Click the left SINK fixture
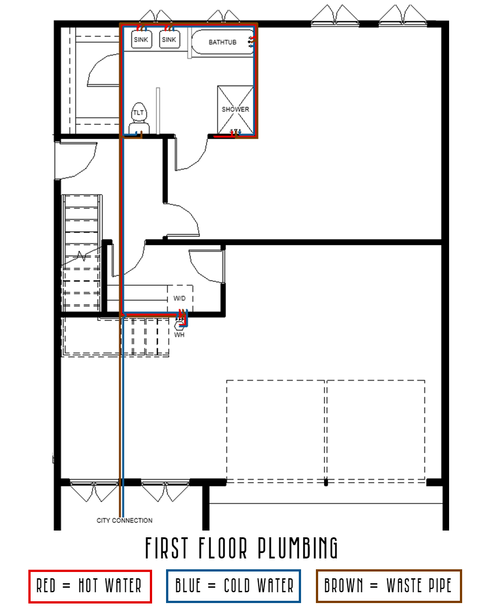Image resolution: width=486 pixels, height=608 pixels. pos(141,40)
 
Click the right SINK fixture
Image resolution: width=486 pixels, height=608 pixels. pos(169,40)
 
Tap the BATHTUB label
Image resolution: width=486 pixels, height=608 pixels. pos(222,42)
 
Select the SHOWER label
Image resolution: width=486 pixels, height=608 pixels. pos(235,109)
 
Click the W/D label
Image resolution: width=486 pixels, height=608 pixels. pos(180,298)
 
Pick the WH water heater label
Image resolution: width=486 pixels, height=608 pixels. pos(179,335)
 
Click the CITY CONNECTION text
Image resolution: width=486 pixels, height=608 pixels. pos(125,520)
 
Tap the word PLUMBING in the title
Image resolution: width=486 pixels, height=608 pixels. pos(297,548)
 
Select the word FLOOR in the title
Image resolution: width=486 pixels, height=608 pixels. pos(223,548)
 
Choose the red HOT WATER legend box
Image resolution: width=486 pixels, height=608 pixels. pos(90,586)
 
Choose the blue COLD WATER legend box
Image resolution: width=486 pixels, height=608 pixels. pos(233,586)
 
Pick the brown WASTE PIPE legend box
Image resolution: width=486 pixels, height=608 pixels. pos(389,586)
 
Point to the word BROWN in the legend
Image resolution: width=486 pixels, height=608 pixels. pos(344,586)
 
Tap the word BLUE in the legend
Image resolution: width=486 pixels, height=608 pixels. pos(188,586)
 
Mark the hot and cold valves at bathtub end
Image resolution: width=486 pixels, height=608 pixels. pos(251,42)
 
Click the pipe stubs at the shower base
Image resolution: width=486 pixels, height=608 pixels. pos(235,132)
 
